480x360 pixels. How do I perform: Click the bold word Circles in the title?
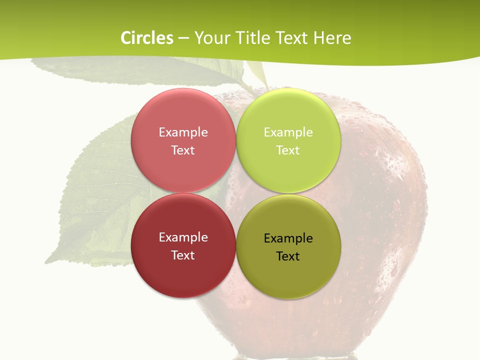(x=147, y=38)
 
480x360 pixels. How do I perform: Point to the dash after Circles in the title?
(x=183, y=38)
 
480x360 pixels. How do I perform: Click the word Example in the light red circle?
(x=183, y=132)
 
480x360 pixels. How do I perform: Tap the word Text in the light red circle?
(x=183, y=150)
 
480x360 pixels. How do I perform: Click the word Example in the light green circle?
(x=288, y=132)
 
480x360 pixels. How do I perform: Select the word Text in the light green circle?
(x=288, y=150)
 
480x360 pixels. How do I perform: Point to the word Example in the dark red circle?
(x=183, y=237)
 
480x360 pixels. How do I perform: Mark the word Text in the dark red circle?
(x=183, y=255)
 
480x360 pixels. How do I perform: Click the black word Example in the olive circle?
(x=288, y=238)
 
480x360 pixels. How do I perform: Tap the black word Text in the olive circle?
(x=288, y=256)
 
